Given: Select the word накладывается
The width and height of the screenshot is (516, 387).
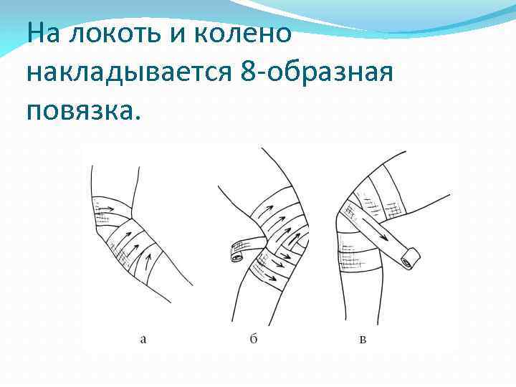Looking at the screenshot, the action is click(130, 72).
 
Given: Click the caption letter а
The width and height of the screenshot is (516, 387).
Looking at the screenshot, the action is click(143, 339).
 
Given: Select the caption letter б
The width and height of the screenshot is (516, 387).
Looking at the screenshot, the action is click(254, 338).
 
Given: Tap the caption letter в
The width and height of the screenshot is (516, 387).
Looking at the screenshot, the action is click(363, 339).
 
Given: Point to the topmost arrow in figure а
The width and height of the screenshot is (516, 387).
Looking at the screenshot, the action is click(107, 204).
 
